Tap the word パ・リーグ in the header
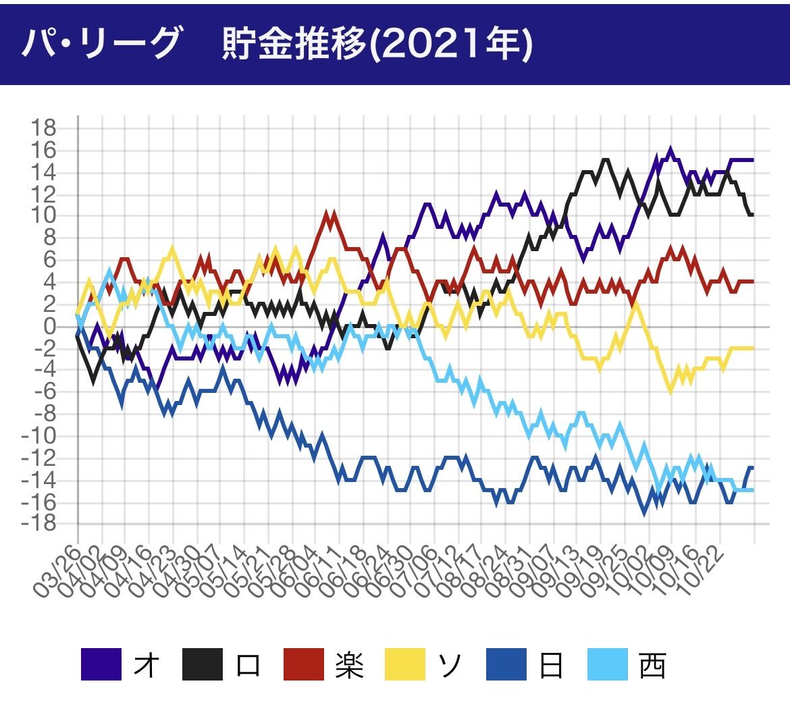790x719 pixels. click(x=101, y=45)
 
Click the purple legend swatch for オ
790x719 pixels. click(x=101, y=664)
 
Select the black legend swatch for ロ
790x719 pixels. click(x=203, y=664)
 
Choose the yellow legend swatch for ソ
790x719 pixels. click(x=405, y=664)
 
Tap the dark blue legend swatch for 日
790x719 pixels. click(x=506, y=664)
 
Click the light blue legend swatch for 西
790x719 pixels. click(x=608, y=664)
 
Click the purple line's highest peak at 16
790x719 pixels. click(x=670, y=150)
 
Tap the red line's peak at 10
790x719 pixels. click(x=329, y=215)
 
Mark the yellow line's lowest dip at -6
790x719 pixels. click(x=670, y=392)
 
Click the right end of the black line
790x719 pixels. click(x=752, y=215)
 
